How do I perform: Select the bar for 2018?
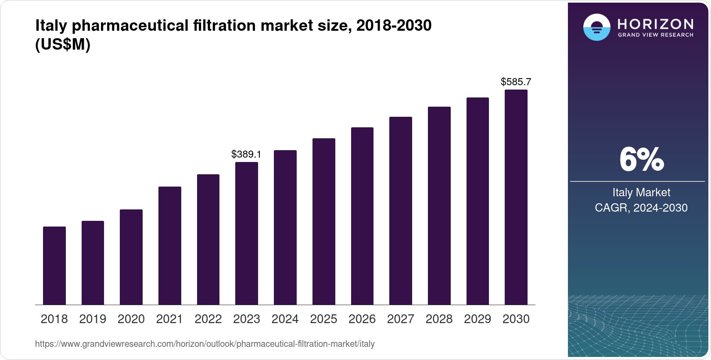tap(54, 266)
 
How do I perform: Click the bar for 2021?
tap(170, 246)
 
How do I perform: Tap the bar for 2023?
tap(247, 234)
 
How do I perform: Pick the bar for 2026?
tap(362, 216)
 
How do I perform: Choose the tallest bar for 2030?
tap(516, 198)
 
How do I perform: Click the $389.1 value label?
tap(246, 154)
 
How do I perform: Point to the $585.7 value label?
tap(516, 82)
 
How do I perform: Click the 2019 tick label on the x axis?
tap(93, 319)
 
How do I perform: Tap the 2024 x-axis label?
tap(285, 319)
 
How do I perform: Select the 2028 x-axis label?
tap(439, 319)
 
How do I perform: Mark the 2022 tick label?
tap(208, 319)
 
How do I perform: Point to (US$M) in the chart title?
tap(63, 45)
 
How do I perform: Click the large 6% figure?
tap(641, 159)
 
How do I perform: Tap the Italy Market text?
tap(641, 192)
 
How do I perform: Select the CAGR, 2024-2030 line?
tap(641, 208)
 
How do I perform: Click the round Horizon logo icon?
tap(596, 27)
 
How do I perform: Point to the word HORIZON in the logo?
tap(655, 24)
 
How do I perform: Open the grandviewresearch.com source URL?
tap(205, 344)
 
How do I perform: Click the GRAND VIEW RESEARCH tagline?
tap(655, 35)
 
